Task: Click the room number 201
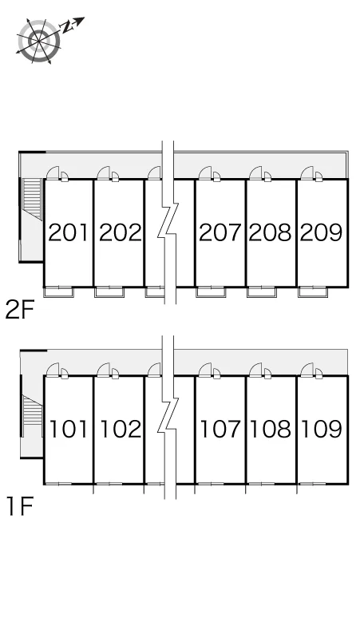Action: click(68, 232)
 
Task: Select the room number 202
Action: click(120, 232)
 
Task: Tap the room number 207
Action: click(220, 232)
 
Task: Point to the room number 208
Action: click(270, 232)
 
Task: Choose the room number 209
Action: click(321, 232)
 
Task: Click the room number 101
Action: click(68, 430)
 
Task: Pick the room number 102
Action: click(120, 430)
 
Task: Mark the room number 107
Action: click(220, 430)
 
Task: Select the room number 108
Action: click(271, 430)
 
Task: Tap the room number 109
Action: click(322, 430)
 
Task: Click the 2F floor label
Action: click(20, 309)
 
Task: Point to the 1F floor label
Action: click(19, 506)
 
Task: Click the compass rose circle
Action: click(39, 41)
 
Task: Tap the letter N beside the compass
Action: click(67, 27)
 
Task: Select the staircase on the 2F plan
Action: click(32, 199)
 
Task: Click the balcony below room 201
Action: click(58, 291)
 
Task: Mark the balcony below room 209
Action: click(313, 291)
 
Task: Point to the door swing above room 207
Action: click(205, 173)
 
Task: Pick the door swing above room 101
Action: click(53, 370)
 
